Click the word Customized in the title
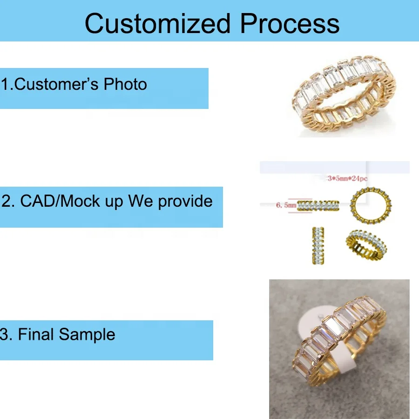click(x=158, y=24)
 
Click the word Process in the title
click(x=290, y=24)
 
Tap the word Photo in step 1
click(x=125, y=84)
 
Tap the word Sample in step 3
click(x=87, y=335)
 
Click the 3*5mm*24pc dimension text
click(x=347, y=178)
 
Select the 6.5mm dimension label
click(x=286, y=205)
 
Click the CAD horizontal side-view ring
click(x=318, y=205)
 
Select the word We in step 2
click(x=141, y=201)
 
